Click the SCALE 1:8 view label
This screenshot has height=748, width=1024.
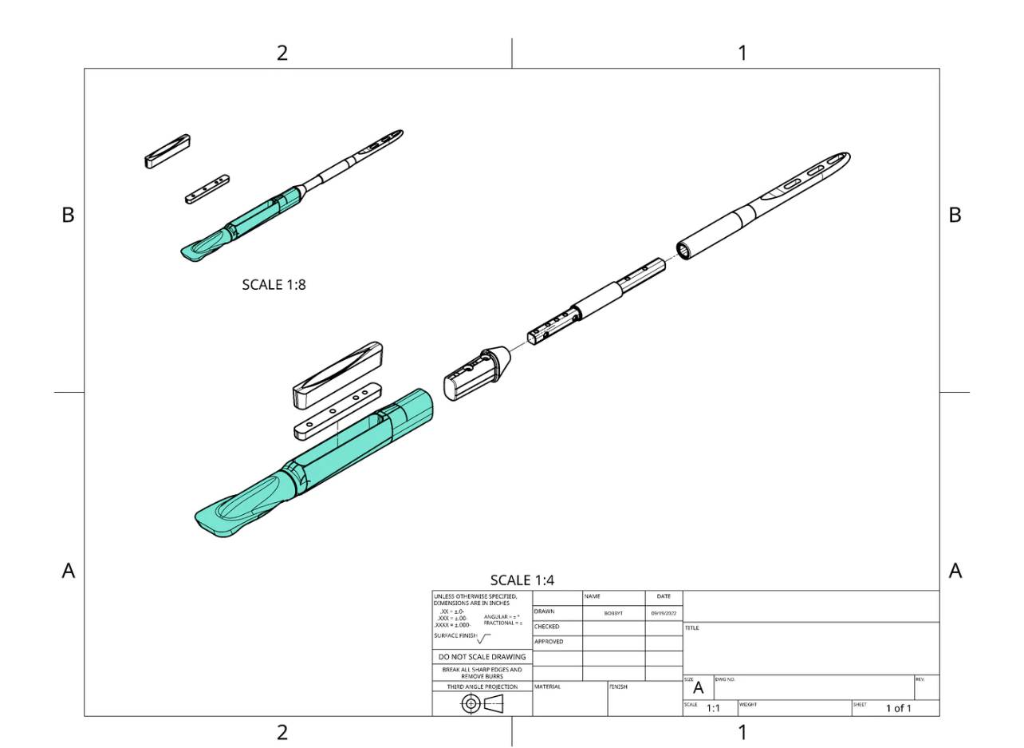[x=274, y=284]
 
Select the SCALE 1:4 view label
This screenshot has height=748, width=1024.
[x=522, y=580]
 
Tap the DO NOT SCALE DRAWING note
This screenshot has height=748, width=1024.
[x=482, y=657]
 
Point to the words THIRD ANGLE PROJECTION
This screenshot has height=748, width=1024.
[x=482, y=687]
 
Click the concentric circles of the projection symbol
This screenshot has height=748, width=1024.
[x=471, y=703]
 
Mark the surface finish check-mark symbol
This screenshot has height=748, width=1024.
[x=483, y=638]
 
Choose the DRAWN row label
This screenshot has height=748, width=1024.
[x=544, y=612]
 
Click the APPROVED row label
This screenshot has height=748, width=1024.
[x=549, y=642]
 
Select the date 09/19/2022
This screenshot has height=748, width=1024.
[x=664, y=613]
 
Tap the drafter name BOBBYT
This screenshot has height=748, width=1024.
[x=613, y=613]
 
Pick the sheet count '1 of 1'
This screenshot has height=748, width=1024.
[x=898, y=708]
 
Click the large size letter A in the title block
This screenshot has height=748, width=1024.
[x=699, y=688]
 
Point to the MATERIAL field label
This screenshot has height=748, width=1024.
[x=548, y=687]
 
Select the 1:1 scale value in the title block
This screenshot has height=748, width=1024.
[x=713, y=708]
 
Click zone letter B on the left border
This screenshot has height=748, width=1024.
[x=69, y=215]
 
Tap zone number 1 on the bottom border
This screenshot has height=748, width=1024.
[x=742, y=732]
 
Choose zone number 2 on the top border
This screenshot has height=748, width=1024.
[x=282, y=53]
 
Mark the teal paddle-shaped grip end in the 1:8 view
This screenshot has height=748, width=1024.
[x=199, y=249]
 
